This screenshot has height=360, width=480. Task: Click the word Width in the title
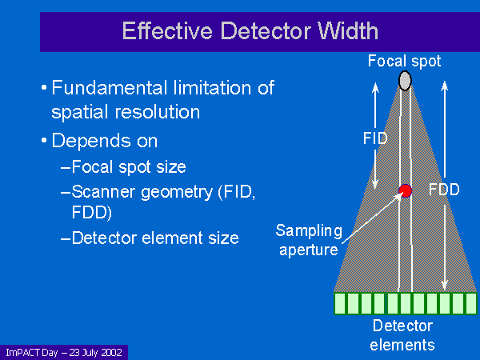coord(348,30)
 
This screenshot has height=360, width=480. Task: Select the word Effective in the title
coord(167,30)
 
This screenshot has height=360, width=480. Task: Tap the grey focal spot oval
coord(405,81)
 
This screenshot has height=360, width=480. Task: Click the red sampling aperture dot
coord(406,190)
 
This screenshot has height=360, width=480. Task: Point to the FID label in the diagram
coord(375,138)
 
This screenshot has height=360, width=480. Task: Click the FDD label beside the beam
coord(444,189)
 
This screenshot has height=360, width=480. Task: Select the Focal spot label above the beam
coord(404,61)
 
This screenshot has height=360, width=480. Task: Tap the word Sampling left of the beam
coord(309,231)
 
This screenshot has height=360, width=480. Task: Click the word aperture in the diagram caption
coord(309,250)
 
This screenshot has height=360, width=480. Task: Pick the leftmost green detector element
coord(340,303)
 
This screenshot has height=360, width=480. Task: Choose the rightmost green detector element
coord(471,303)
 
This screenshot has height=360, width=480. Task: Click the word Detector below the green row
coord(402,326)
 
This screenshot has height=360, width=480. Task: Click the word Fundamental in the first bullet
coord(110,88)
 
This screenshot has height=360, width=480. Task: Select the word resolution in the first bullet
coord(158,112)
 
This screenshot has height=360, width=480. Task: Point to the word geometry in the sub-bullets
coord(178,193)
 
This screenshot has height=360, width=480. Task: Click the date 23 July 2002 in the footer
coord(95,352)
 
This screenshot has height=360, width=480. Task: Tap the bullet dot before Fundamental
coord(44,88)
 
